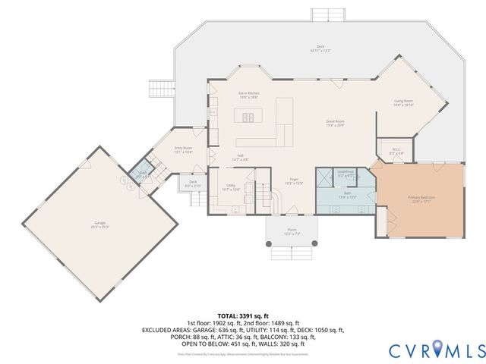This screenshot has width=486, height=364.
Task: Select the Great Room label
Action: pyautogui.click(x=336, y=123)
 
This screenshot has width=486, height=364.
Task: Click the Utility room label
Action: pyautogui.click(x=232, y=187)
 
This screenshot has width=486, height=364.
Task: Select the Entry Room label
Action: pyautogui.click(x=183, y=149)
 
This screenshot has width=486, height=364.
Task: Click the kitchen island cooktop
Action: pyautogui.click(x=247, y=117)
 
